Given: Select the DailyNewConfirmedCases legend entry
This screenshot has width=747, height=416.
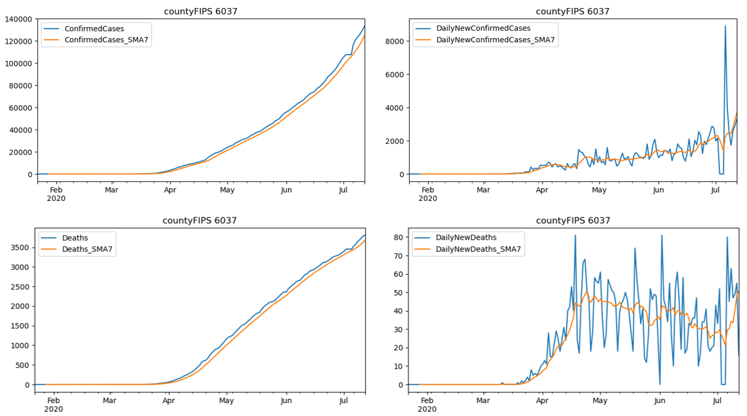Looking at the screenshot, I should tap(482, 28).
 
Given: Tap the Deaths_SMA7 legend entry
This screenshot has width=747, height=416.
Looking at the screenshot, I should tap(87, 249).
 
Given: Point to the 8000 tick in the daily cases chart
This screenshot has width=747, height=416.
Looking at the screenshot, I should tap(394, 41).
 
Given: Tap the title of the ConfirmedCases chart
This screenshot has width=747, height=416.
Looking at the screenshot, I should tap(201, 12).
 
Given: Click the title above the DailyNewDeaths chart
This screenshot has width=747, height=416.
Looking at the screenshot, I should tap(573, 221).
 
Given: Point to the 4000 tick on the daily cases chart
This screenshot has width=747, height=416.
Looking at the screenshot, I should tap(394, 108).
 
